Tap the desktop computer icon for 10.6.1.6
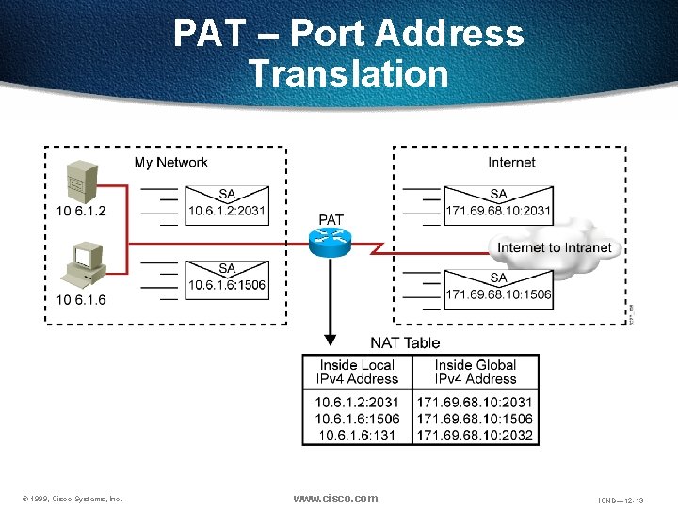pos(86,266)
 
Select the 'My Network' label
pos(170,163)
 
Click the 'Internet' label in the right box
pos(511,163)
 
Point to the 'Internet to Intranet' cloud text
pos(554,248)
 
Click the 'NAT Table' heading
pos(405,342)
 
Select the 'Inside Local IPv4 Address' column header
pos(357,372)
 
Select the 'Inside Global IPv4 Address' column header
pos(476,372)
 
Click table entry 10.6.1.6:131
pos(356,435)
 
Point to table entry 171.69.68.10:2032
pos(476,435)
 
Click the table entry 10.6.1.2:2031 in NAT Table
pos(357,402)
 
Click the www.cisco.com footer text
pos(335,499)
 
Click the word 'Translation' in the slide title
pos(348,72)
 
